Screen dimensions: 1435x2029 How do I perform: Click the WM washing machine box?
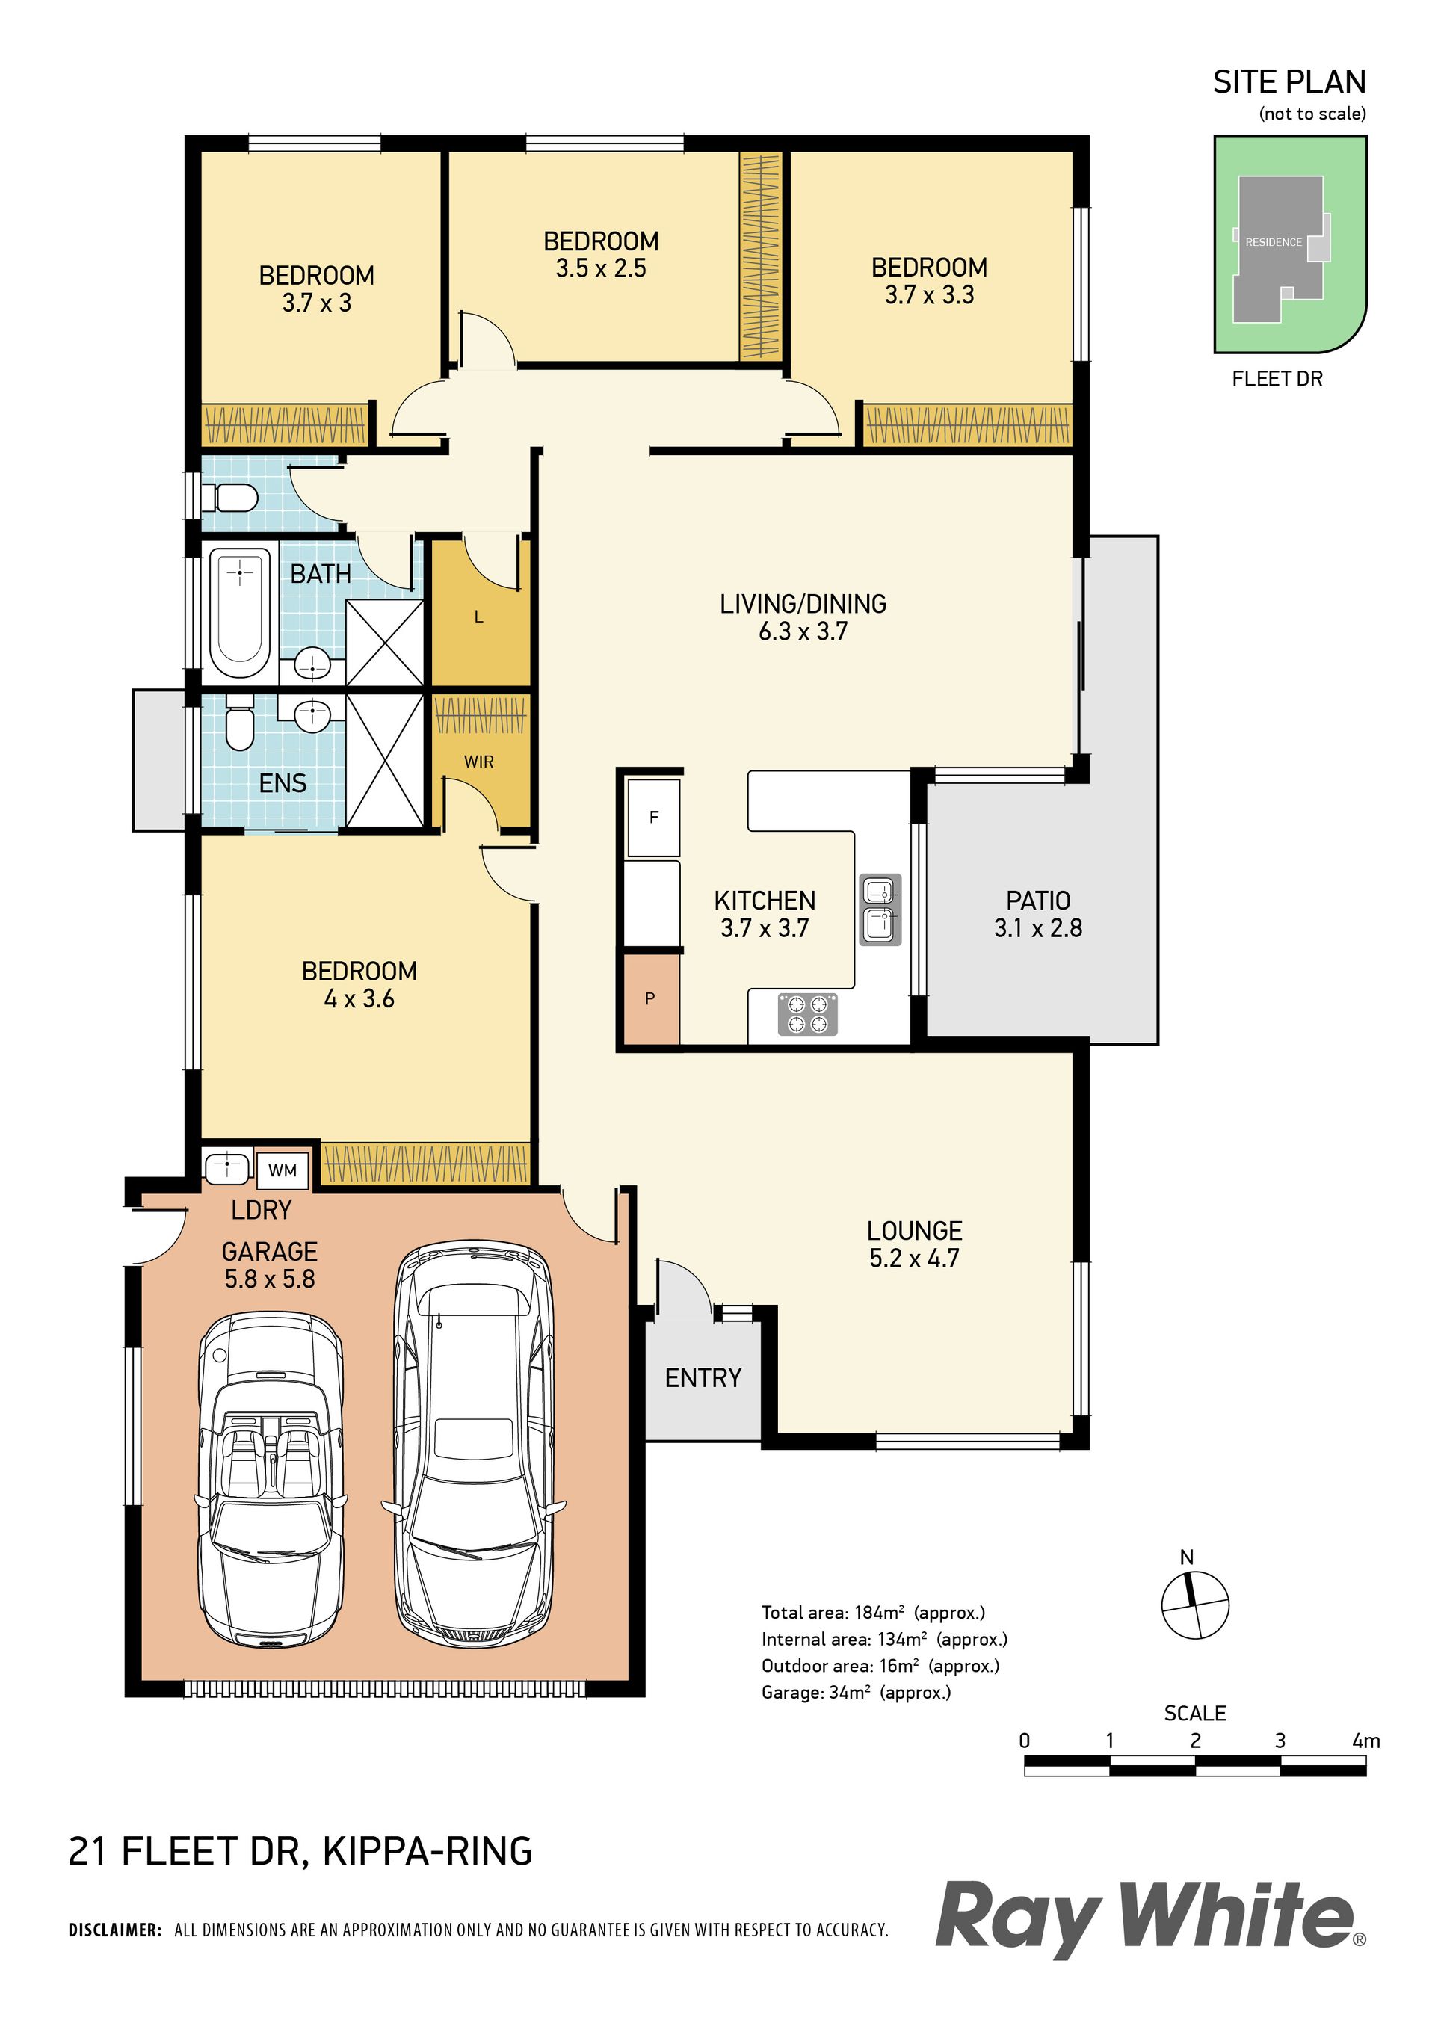pos(282,1170)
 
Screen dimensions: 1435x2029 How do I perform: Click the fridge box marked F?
pos(654,818)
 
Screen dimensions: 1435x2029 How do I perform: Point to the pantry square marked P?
pos(650,998)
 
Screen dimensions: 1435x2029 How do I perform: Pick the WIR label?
pos(479,761)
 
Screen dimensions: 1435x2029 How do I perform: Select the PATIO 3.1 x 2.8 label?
pos(1038,914)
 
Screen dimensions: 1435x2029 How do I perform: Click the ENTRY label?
pos(703,1378)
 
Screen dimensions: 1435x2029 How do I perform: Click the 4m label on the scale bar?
pos(1366,1741)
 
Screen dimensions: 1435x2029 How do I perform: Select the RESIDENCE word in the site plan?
pos(1274,242)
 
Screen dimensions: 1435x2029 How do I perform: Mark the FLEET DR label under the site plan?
pos(1278,379)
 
